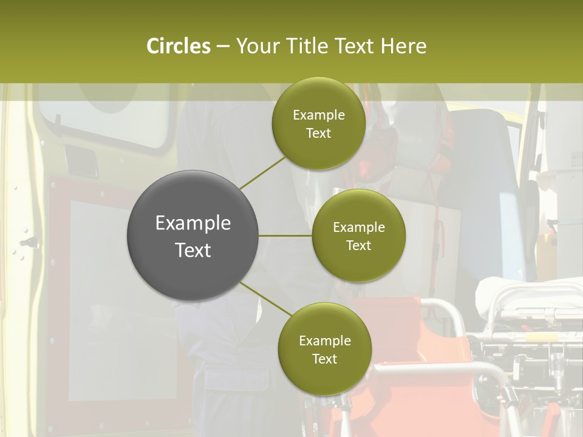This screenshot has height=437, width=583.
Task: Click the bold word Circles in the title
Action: pyautogui.click(x=178, y=46)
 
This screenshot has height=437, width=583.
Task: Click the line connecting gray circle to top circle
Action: pyautogui.click(x=262, y=172)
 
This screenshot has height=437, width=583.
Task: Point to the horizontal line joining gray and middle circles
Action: pyautogui.click(x=285, y=235)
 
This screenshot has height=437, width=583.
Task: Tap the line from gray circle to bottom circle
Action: pyautogui.click(x=266, y=298)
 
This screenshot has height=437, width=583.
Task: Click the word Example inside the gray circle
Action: pyautogui.click(x=193, y=223)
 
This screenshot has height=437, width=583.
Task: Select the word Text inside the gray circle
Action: pyautogui.click(x=193, y=250)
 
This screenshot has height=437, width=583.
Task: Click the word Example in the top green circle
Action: pyautogui.click(x=319, y=115)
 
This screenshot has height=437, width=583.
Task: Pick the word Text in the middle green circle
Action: pyautogui.click(x=358, y=246)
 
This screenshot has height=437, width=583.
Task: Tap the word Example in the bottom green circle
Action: pyautogui.click(x=325, y=340)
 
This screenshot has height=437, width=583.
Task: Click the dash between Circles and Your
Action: pyautogui.click(x=223, y=46)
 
